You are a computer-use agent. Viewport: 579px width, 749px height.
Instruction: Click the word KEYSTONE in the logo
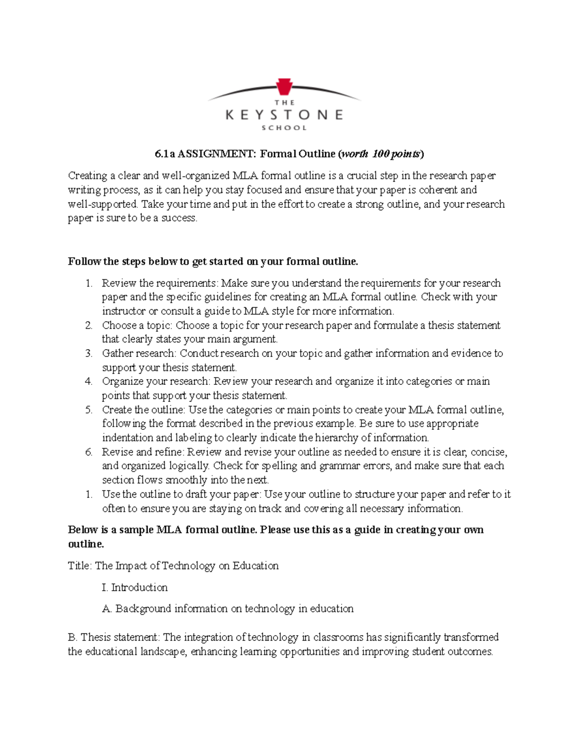tap(284, 115)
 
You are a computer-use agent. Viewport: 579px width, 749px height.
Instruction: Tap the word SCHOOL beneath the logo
tap(284, 128)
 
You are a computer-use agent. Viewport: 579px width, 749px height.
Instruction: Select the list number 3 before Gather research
tap(89, 354)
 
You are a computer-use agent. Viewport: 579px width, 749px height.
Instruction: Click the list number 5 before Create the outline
tap(89, 410)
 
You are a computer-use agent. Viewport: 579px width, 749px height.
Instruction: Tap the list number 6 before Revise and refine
tap(89, 452)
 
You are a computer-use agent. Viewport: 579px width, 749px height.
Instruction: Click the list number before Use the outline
tap(89, 494)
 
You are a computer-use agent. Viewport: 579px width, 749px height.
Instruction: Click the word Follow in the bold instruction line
tap(84, 262)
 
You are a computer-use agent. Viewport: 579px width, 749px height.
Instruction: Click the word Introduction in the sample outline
tap(139, 587)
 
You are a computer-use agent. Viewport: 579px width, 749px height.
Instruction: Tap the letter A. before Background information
tap(107, 609)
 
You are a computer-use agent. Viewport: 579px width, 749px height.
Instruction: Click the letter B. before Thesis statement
tap(73, 638)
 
